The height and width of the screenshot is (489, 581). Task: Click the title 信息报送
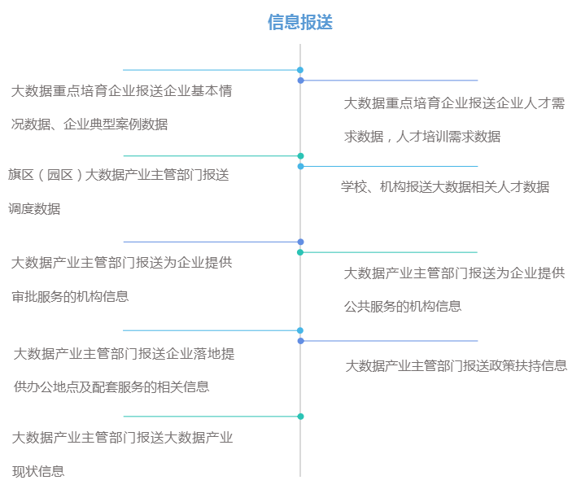pyautogui.click(x=300, y=23)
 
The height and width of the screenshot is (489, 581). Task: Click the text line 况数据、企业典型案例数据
pyautogui.click(x=90, y=124)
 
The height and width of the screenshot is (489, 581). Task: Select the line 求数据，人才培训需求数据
pyautogui.click(x=422, y=137)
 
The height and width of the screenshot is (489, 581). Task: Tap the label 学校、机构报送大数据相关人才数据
pyautogui.click(x=445, y=187)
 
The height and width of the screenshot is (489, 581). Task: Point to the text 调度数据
pyautogui.click(x=34, y=209)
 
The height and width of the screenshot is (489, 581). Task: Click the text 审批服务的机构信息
pyautogui.click(x=71, y=297)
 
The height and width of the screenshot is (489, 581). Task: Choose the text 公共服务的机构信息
pyautogui.click(x=403, y=307)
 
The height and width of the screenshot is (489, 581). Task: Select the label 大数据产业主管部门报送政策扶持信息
pyautogui.click(x=456, y=366)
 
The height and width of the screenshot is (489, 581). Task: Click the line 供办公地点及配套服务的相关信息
pyautogui.click(x=112, y=387)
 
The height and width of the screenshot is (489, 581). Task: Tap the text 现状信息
pyautogui.click(x=39, y=471)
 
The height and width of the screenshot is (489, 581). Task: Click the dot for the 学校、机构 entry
pyautogui.click(x=300, y=166)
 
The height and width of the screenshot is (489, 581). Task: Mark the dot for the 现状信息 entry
pyautogui.click(x=300, y=417)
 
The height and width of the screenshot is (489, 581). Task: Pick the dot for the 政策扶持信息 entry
pyautogui.click(x=300, y=341)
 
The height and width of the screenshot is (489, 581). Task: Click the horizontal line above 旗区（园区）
pyautogui.click(x=211, y=155)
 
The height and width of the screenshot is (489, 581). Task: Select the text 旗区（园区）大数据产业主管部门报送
pyautogui.click(x=119, y=175)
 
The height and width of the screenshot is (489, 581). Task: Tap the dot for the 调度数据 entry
pyautogui.click(x=300, y=155)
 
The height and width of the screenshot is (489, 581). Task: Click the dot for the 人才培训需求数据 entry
pyautogui.click(x=300, y=81)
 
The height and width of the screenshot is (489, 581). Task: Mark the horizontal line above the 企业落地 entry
pyautogui.click(x=211, y=330)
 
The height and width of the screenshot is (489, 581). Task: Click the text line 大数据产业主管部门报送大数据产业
pyautogui.click(x=123, y=438)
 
